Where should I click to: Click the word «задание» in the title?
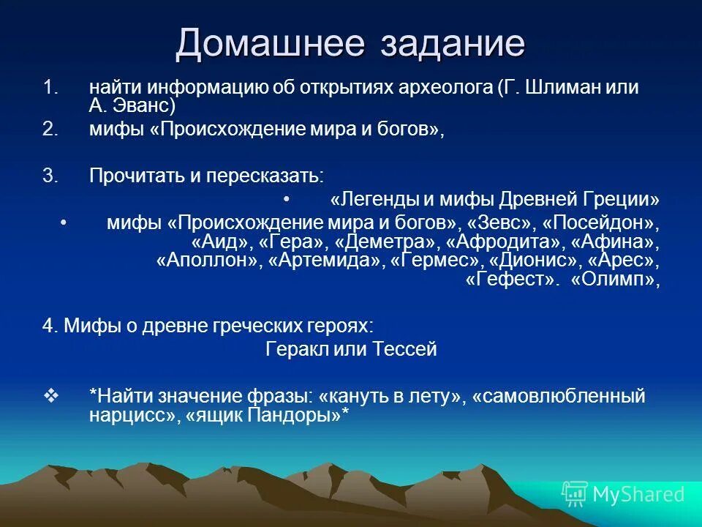[x=453, y=43]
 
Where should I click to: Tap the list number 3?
[x=49, y=176]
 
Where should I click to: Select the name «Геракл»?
[x=293, y=349]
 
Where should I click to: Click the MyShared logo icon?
[x=575, y=494]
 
